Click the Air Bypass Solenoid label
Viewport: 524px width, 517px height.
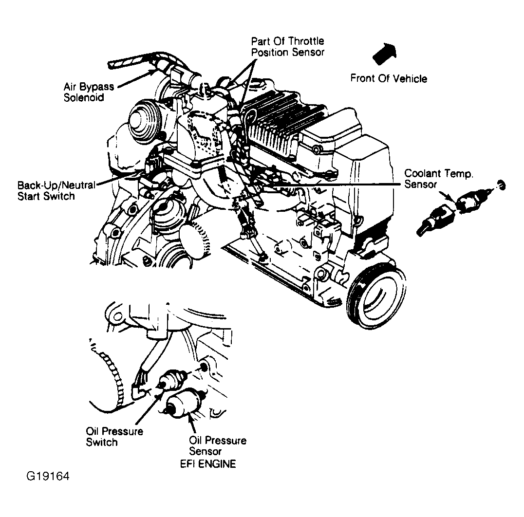[x=89, y=92]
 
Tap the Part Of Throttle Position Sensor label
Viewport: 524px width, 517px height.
[x=287, y=47]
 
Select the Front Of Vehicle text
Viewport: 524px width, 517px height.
[x=389, y=78]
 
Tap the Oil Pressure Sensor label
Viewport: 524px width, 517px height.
[x=217, y=446]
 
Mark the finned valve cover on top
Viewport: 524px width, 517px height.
[x=282, y=122]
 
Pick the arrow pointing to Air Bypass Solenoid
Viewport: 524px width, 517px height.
[x=136, y=78]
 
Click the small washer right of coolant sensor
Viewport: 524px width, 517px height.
[x=501, y=185]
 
